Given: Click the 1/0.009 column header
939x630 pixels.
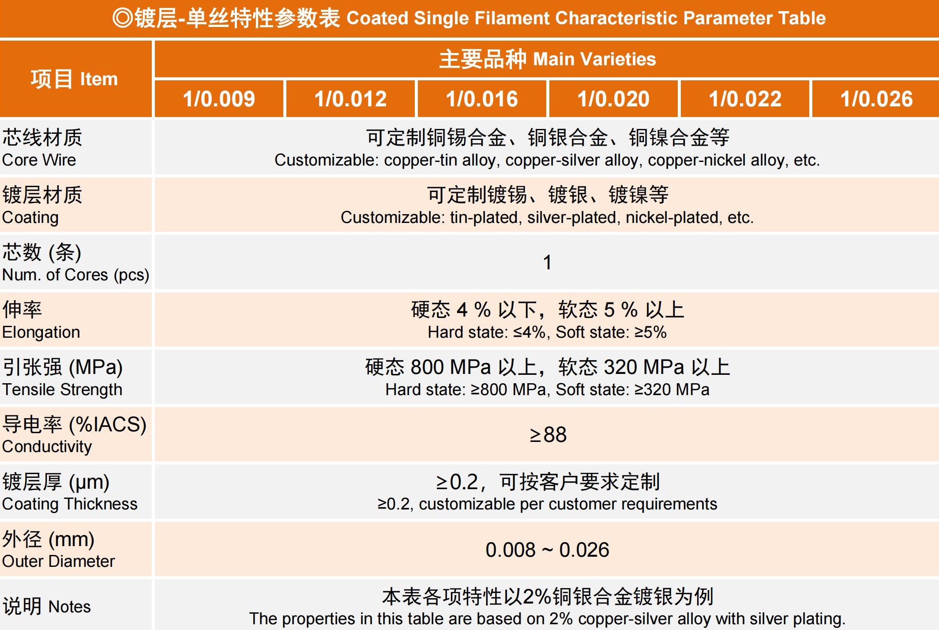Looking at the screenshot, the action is click(219, 98).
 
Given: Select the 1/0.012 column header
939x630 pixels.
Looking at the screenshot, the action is click(350, 98).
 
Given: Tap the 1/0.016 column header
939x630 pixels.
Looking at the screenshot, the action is click(482, 98).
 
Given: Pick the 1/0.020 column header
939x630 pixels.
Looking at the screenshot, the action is click(613, 98).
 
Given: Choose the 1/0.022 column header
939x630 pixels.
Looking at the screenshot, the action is click(745, 98).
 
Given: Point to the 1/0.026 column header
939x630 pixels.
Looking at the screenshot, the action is click(876, 98).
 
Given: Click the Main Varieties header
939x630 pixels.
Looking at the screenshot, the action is click(547, 59).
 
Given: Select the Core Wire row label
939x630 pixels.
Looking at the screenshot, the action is click(42, 148).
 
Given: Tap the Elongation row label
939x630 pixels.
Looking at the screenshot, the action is click(41, 320).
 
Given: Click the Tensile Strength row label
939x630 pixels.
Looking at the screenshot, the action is click(62, 377).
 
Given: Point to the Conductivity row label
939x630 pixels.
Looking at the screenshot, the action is click(74, 435).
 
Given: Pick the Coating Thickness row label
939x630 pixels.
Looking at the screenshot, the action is click(70, 492).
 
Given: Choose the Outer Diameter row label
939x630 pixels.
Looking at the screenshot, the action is click(58, 550).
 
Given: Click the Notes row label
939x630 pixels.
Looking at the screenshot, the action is click(47, 606).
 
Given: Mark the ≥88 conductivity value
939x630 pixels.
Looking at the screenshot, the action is click(548, 434).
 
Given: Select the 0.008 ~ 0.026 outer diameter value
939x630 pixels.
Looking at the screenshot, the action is click(547, 550).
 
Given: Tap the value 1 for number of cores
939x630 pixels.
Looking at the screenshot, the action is click(547, 262).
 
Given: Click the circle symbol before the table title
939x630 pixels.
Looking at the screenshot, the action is click(122, 18).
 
